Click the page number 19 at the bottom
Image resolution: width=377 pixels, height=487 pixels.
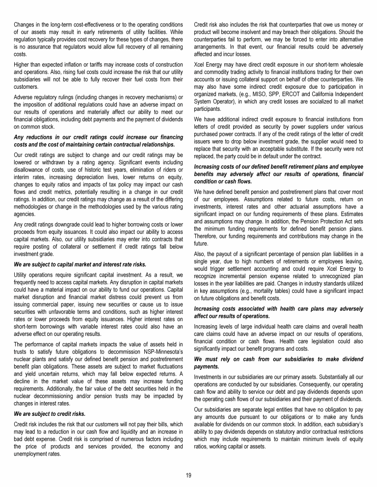(188, 474)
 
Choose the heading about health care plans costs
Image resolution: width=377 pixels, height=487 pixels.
(278, 312)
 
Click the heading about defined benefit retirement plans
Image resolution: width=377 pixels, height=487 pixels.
(278, 174)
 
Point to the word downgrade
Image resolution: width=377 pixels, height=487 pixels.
(63, 225)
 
